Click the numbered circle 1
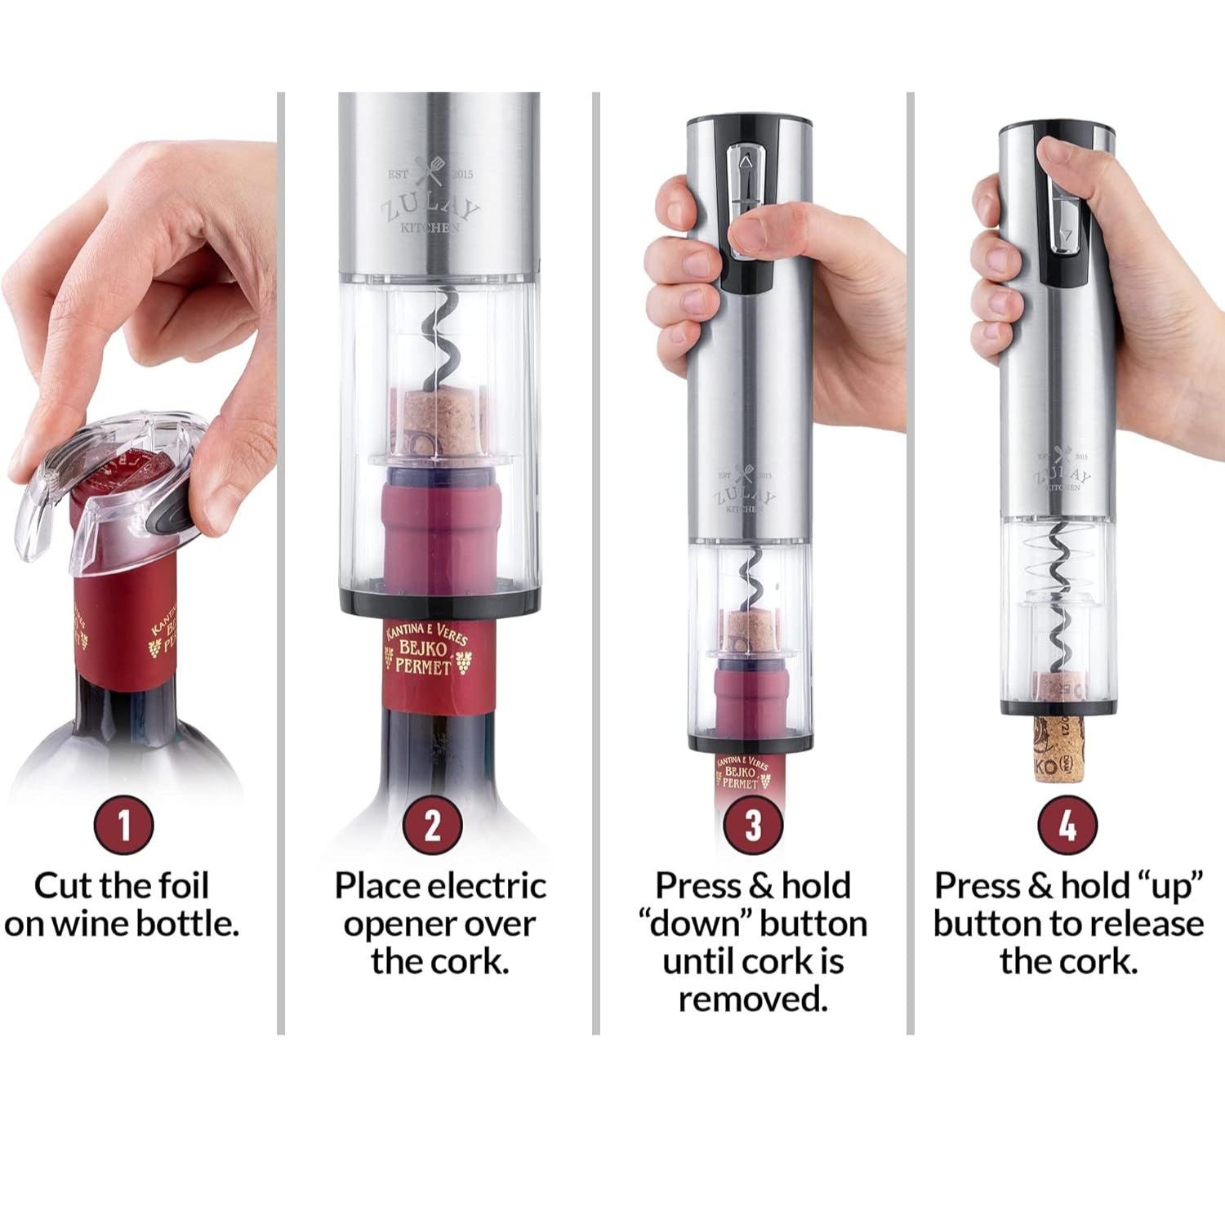[x=124, y=825]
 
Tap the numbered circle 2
[x=433, y=825]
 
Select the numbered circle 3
[x=753, y=825]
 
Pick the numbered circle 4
[x=1067, y=825]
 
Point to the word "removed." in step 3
[x=753, y=998]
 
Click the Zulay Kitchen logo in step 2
[x=430, y=198]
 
